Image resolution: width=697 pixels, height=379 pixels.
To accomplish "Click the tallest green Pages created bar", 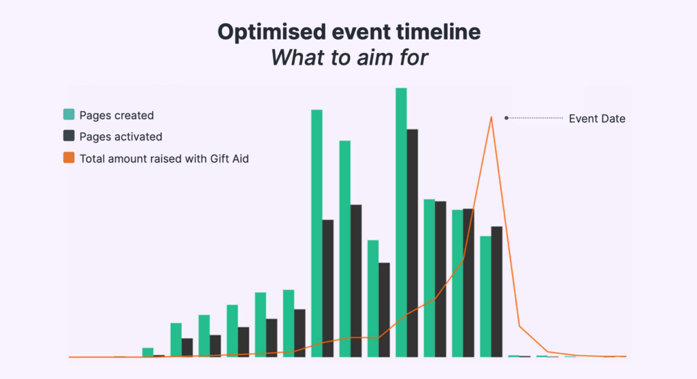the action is (x=401, y=222).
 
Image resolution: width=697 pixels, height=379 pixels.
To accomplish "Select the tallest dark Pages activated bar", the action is (x=412, y=243).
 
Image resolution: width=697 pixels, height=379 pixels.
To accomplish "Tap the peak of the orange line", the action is (x=491, y=117).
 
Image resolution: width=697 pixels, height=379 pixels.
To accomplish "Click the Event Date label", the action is (x=597, y=118).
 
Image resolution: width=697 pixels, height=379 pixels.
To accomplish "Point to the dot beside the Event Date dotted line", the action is (x=506, y=118).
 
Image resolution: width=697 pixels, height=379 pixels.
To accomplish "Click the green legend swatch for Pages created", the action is (x=69, y=114).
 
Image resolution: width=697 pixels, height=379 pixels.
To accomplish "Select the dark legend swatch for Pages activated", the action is (x=69, y=135).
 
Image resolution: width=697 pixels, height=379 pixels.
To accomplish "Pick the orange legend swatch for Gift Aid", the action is (x=69, y=157).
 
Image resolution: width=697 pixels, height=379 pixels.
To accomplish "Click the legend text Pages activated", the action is (x=120, y=136).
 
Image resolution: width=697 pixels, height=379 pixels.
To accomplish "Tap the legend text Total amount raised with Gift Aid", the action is (x=164, y=159).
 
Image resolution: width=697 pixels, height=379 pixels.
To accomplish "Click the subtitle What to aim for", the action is (x=349, y=58).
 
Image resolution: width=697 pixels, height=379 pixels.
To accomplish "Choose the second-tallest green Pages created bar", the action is (x=317, y=233).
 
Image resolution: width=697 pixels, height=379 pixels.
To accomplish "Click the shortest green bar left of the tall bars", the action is (x=148, y=352).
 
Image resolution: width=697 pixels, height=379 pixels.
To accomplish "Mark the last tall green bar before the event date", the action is (x=485, y=297).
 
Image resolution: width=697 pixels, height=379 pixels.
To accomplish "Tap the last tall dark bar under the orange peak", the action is (x=496, y=291).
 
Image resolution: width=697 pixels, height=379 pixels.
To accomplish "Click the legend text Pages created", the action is (x=116, y=116).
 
